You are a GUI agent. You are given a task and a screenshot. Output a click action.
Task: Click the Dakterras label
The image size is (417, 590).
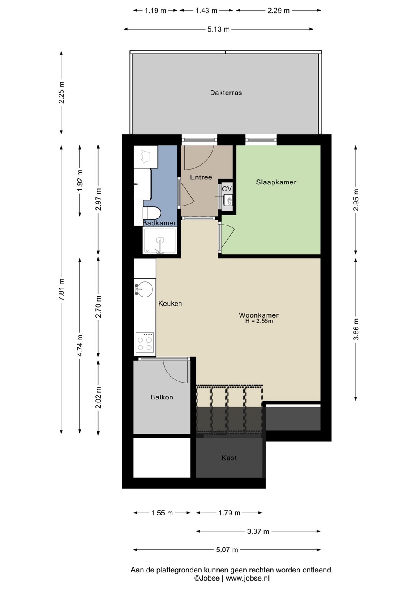click(x=226, y=93)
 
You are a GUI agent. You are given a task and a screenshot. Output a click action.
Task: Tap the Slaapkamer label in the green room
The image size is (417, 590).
click(x=276, y=182)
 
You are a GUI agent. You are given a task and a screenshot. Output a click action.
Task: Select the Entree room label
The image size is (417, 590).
click(x=201, y=177)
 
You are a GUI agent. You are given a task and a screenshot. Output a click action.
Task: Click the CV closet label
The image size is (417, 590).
click(x=227, y=188)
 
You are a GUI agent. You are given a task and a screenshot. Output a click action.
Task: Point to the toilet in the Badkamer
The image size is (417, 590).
click(x=152, y=213)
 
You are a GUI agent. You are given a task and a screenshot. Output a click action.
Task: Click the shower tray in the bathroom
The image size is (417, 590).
click(x=159, y=241)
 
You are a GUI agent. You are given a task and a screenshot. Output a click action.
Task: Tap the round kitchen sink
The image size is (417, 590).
click(x=144, y=289)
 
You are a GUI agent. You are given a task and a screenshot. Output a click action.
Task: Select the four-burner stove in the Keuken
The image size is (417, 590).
click(x=145, y=343)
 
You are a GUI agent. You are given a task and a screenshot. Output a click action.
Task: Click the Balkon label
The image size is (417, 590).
click(x=162, y=397)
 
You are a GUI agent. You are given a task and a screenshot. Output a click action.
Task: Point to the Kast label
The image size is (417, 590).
click(x=229, y=458)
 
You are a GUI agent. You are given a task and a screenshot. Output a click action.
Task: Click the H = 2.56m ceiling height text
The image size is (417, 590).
click(x=259, y=321)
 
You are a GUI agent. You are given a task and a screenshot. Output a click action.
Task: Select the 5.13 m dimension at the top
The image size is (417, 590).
click(x=218, y=29)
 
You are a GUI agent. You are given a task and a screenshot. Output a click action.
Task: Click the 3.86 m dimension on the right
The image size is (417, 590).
click(x=356, y=329)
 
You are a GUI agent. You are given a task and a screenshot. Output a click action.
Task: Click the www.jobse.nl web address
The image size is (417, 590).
click(x=247, y=579)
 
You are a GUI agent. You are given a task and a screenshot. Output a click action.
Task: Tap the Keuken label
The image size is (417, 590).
click(x=170, y=304)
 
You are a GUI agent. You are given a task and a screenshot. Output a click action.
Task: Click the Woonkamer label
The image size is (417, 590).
click(x=258, y=315)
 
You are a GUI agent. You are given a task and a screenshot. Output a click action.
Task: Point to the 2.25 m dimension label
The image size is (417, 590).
click(x=61, y=93)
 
